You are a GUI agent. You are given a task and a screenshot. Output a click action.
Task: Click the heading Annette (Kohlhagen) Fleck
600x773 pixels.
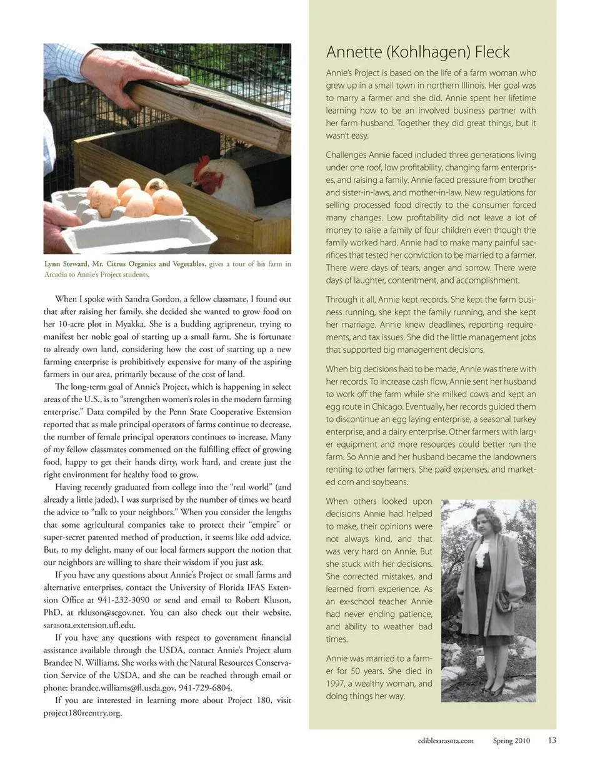click(x=417, y=52)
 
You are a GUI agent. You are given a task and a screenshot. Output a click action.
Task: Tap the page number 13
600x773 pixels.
click(x=551, y=741)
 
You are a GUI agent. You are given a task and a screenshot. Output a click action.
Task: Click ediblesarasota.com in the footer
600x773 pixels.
click(x=446, y=741)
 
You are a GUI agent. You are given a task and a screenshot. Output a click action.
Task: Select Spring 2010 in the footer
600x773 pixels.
click(x=511, y=741)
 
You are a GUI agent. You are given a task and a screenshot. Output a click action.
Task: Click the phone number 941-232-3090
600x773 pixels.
click(x=124, y=600)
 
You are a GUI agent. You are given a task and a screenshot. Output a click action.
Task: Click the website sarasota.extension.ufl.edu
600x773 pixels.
click(x=89, y=625)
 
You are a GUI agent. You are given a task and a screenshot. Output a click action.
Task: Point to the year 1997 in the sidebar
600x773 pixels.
click(x=336, y=684)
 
